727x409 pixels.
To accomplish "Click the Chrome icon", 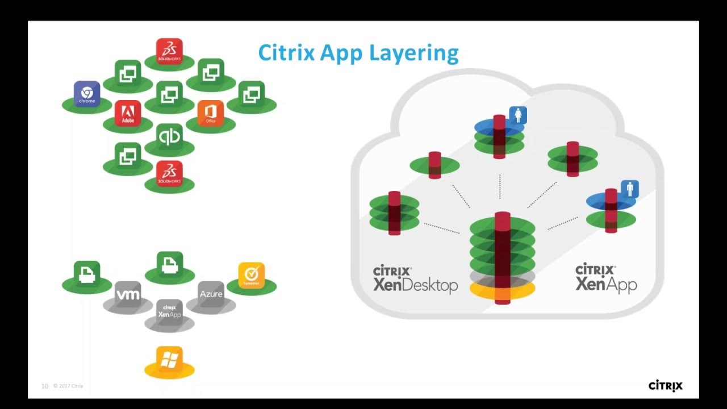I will (87, 94).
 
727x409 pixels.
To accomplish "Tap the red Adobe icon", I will (128, 113).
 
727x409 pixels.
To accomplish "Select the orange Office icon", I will (211, 113).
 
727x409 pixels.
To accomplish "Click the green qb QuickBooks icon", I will (169, 136).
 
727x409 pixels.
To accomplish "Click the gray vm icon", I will (128, 294).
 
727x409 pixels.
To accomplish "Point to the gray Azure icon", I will (211, 294).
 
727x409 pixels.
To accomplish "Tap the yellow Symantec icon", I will (252, 276).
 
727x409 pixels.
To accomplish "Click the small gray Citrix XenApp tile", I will (169, 312).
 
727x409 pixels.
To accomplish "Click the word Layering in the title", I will (414, 53).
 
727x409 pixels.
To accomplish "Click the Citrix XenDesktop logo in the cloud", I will (415, 278).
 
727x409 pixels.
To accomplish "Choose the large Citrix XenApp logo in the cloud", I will (606, 278).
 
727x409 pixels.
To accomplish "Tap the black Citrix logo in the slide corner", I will (666, 386).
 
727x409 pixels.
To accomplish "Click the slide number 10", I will (45, 386).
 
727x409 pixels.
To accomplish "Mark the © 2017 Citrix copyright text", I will (68, 386).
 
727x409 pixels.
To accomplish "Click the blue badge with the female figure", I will (518, 115).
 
